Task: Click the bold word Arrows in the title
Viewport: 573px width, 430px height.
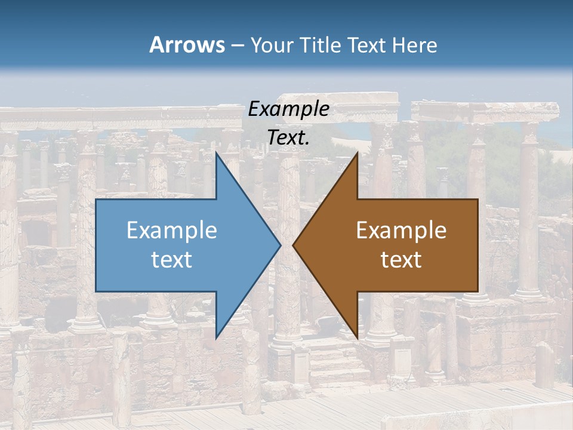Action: click(187, 45)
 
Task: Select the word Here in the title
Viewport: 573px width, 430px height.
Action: click(415, 45)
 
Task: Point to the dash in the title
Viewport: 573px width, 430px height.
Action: click(238, 45)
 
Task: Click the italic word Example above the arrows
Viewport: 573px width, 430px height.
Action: click(288, 109)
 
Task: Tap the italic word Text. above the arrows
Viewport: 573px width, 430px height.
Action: click(288, 138)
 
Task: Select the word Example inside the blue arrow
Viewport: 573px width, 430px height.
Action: click(172, 231)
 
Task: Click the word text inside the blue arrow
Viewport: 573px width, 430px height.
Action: click(172, 260)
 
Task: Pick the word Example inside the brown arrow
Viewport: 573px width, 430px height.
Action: click(401, 231)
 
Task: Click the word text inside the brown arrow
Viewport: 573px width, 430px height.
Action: click(401, 260)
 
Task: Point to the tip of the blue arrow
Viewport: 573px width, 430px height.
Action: click(281, 245)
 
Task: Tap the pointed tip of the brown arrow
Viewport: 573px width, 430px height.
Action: click(292, 245)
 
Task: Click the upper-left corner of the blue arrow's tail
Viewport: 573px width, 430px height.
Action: click(96, 199)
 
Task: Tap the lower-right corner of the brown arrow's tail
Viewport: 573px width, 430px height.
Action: click(478, 291)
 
